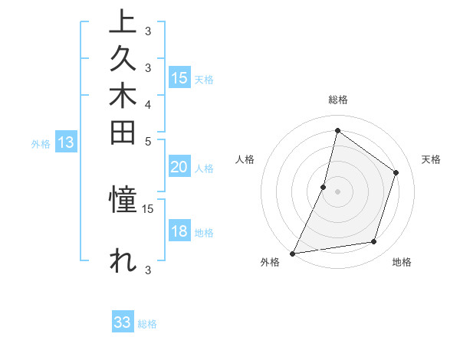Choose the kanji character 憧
[x=123, y=201]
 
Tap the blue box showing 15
[x=179, y=78]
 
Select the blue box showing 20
[x=179, y=168]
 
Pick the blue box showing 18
[x=179, y=232]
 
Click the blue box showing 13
[x=67, y=142]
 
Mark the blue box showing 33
[x=123, y=322]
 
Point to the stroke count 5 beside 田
[x=148, y=141]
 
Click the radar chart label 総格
[x=338, y=100]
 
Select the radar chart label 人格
[x=245, y=159]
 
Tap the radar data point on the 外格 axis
[x=292, y=254]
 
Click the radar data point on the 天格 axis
[x=396, y=172]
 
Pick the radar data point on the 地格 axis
[x=374, y=242]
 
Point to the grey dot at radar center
[x=338, y=191]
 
